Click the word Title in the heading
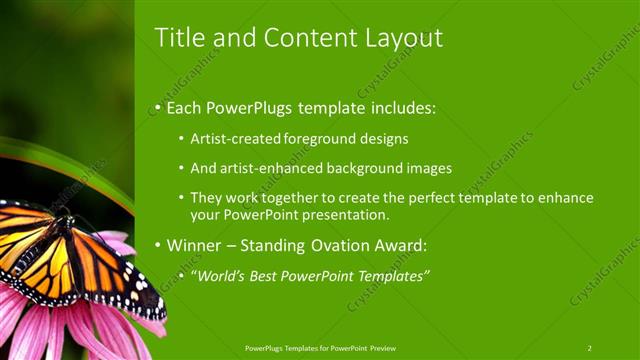177,38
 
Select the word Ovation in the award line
343,245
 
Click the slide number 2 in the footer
590,348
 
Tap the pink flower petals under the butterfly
60,330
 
